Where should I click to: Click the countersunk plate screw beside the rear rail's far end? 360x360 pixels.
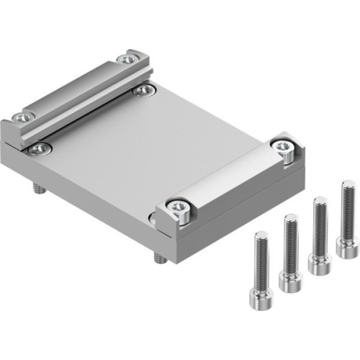(x=144, y=89)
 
